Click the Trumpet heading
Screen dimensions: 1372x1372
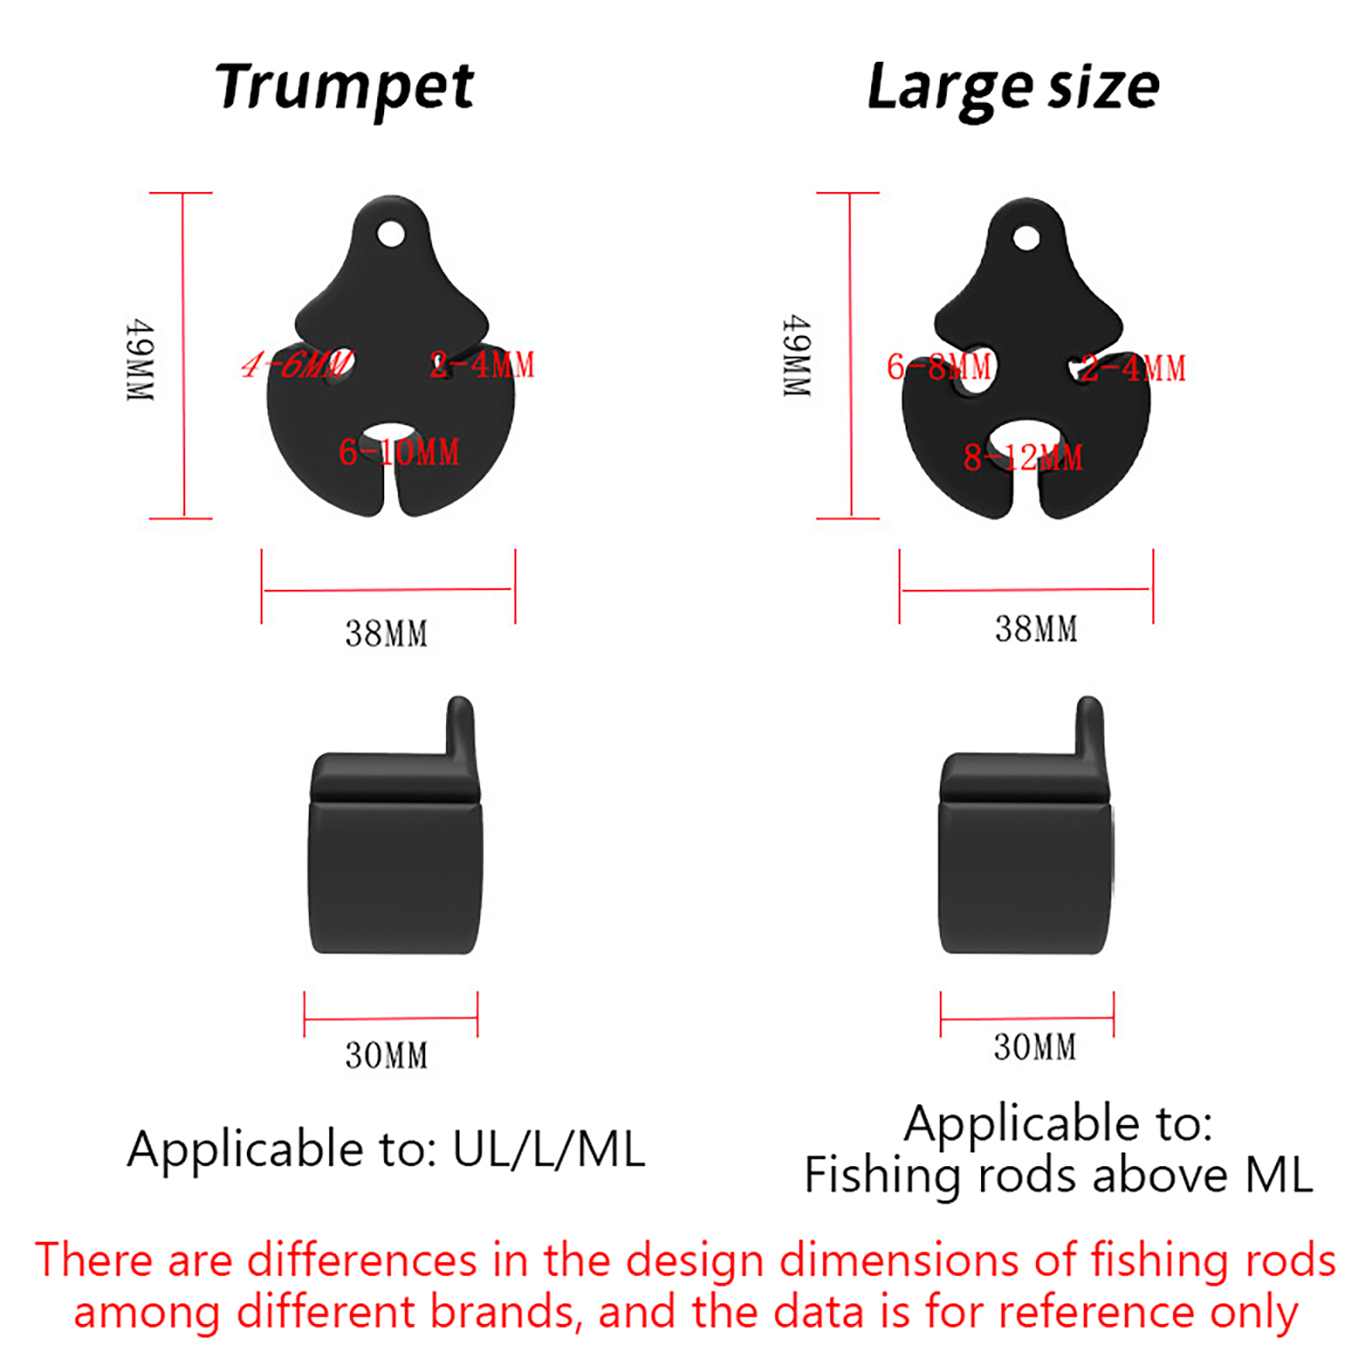(345, 88)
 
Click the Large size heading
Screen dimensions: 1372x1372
(1014, 88)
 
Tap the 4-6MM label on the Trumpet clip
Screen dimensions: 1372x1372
(297, 364)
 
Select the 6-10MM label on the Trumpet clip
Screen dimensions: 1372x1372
(399, 452)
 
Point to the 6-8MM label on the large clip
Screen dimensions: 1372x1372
(939, 367)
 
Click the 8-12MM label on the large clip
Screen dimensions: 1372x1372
(1023, 457)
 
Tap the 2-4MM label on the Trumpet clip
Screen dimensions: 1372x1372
(482, 364)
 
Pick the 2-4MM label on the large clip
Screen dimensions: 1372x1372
(1133, 369)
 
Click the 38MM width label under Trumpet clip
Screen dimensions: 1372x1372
(387, 634)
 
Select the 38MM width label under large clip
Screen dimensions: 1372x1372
(1036, 629)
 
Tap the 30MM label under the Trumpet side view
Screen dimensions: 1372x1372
(387, 1056)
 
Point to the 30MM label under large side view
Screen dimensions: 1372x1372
(1035, 1047)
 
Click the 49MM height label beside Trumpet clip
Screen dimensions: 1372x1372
(140, 360)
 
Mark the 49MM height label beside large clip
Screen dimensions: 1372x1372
(797, 355)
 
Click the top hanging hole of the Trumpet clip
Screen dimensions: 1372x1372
(391, 233)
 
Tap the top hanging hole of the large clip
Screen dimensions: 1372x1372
(1026, 238)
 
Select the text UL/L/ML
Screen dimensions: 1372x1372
(549, 1149)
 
